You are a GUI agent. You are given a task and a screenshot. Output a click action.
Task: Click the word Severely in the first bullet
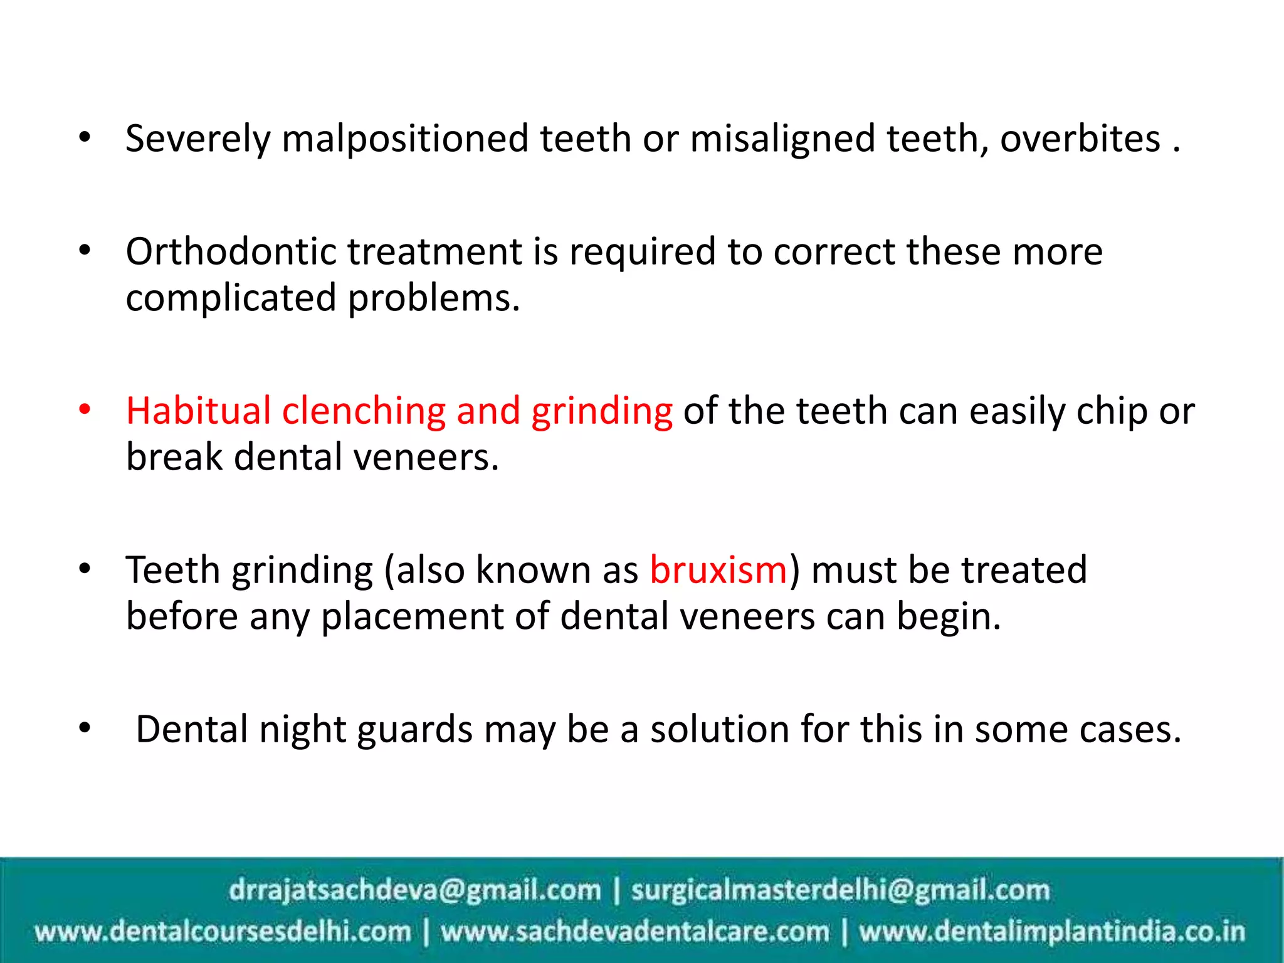(197, 139)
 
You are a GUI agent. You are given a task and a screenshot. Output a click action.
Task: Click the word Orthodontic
(231, 252)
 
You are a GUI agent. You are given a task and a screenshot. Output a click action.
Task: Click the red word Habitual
(198, 411)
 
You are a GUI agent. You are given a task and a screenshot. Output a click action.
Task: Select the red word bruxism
(718, 571)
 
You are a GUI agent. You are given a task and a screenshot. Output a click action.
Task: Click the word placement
(412, 616)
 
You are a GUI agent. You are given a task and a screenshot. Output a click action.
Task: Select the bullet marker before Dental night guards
(85, 729)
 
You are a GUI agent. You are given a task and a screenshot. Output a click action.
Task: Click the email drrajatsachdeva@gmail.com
(414, 890)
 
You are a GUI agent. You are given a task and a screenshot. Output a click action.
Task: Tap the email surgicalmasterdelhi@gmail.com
(840, 890)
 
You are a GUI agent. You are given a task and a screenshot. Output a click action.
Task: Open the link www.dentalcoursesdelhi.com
(223, 932)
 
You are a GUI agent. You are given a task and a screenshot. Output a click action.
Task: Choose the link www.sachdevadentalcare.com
(634, 932)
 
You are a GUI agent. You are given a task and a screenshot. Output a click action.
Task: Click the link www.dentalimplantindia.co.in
(1052, 932)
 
